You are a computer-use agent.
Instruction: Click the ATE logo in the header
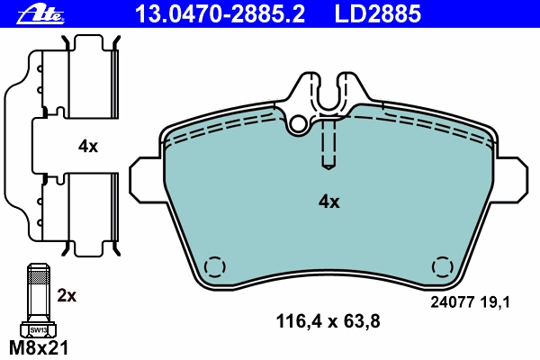click(40, 14)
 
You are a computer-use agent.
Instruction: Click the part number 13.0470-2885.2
click(220, 13)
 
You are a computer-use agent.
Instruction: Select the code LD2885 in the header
click(378, 13)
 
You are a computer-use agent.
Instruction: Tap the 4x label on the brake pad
click(328, 202)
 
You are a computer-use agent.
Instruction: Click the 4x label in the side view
click(88, 147)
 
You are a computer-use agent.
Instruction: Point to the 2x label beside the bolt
click(67, 295)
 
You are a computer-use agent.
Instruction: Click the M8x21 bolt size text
click(39, 347)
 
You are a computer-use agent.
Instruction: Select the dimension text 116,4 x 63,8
click(328, 321)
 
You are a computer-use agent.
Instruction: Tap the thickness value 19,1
click(494, 302)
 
